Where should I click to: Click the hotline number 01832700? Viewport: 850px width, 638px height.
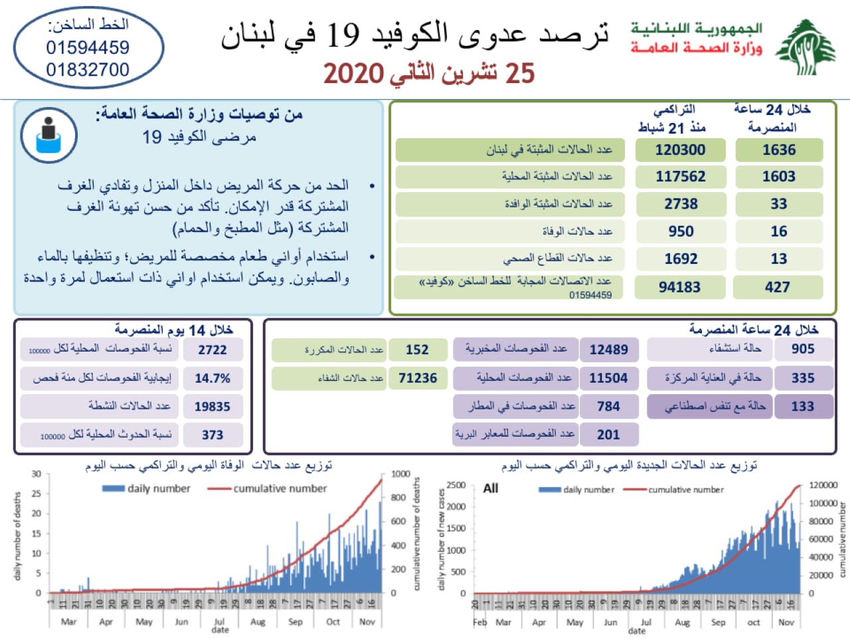pos(88,70)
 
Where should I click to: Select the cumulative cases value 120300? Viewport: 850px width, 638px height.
pos(680,150)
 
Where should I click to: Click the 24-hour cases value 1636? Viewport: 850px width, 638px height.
pos(779,150)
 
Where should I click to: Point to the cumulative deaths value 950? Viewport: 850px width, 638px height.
pos(681,231)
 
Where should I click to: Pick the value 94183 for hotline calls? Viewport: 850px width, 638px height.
pos(679,287)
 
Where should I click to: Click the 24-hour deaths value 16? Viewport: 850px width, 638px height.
pos(779,231)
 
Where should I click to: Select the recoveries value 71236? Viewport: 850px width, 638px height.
pos(418,378)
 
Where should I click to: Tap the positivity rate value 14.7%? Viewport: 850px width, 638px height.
pos(212,378)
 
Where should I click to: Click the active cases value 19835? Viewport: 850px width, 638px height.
pos(212,407)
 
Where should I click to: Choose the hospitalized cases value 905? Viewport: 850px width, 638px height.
pos(802,349)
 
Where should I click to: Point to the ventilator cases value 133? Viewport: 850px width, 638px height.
pos(802,406)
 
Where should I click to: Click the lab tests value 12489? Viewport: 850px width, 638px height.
pos(608,350)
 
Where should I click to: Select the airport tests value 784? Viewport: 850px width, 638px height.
pos(608,406)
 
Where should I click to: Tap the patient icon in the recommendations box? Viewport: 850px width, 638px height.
pos(48,135)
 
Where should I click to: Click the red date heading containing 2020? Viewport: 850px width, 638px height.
pos(429,73)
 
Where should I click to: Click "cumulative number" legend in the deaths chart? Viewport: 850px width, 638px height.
pos(280,488)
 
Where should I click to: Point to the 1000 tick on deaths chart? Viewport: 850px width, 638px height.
pos(400,474)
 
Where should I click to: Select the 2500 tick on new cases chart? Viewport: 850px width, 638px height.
pos(456,485)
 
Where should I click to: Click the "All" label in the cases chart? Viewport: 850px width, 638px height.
pos(491,488)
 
